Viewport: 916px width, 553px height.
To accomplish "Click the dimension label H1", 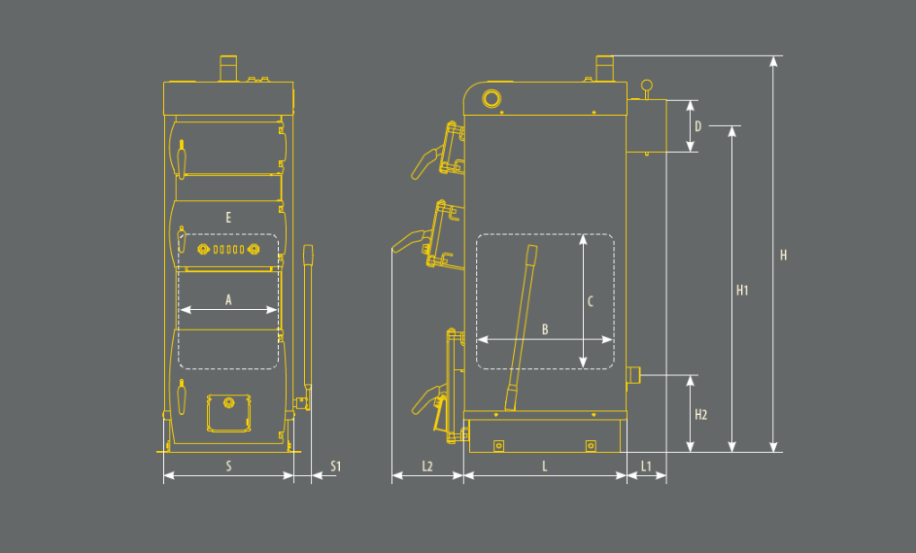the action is click(742, 290).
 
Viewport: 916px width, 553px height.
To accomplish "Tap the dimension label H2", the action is click(700, 415).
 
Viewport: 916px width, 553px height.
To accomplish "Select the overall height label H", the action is click(783, 255).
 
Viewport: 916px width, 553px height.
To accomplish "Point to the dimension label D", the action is click(697, 126).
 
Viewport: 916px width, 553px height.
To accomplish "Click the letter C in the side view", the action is click(590, 301).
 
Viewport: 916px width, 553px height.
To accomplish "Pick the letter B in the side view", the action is click(545, 329).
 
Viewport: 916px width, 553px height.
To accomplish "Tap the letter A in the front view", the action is click(228, 300).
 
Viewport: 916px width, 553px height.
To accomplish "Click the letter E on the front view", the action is click(228, 218).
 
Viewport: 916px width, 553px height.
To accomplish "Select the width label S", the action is click(228, 466).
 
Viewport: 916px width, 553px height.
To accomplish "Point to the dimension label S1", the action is click(335, 466).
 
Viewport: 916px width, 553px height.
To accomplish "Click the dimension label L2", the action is click(427, 466).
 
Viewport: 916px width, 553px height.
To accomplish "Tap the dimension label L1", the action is click(646, 466).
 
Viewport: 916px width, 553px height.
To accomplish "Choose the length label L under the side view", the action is click(545, 466).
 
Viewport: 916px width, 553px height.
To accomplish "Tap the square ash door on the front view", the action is click(228, 413).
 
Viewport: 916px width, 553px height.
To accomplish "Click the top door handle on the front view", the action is click(181, 159).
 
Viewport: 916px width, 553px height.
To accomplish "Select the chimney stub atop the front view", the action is click(228, 68).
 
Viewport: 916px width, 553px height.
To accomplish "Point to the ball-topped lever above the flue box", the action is click(646, 89).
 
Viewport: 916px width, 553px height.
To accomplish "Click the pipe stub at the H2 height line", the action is click(633, 375).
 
